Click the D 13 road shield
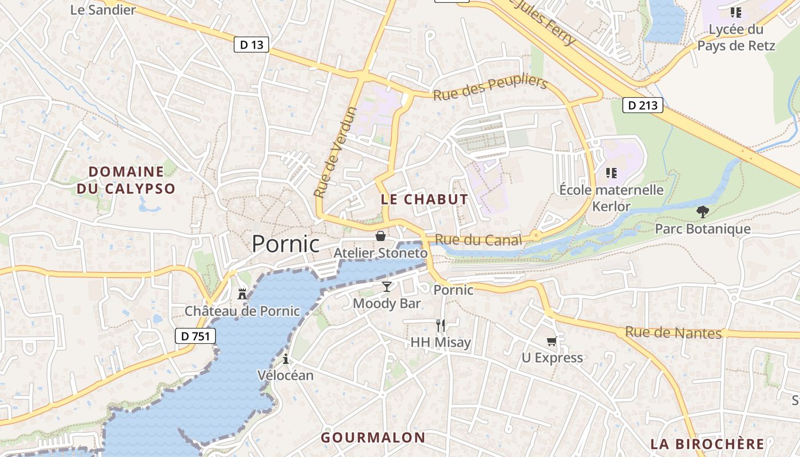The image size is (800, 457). [x=251, y=45]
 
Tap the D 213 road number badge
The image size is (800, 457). [x=642, y=105]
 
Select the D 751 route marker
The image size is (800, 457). [x=195, y=336]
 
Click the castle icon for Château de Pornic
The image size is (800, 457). [x=242, y=294]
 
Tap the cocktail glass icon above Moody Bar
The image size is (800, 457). [x=387, y=287]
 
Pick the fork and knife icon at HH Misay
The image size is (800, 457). [x=441, y=326]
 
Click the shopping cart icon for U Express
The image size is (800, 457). [x=551, y=341]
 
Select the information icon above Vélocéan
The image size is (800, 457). [x=286, y=359]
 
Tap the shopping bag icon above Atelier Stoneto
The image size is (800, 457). [x=381, y=236]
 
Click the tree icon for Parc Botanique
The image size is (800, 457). [x=703, y=212]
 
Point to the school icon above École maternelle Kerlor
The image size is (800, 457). [x=611, y=173]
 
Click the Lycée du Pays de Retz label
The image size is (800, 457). [x=736, y=37]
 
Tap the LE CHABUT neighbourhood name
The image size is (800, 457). [x=424, y=199]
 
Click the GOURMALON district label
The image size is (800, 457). [x=373, y=438]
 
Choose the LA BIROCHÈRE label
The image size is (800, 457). [x=707, y=444]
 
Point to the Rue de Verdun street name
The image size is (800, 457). [x=336, y=153]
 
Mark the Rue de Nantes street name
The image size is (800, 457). [x=673, y=332]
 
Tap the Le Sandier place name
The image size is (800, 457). [x=103, y=10]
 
